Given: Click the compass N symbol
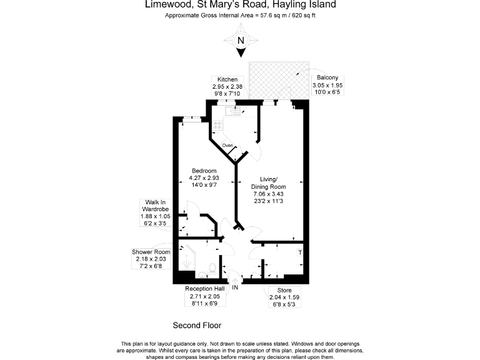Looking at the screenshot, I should (x=240, y=41).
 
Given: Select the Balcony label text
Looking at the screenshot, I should (x=327, y=77).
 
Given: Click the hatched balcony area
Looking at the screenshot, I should (x=279, y=80).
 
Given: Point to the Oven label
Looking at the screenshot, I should (x=227, y=146).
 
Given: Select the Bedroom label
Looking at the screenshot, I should (x=204, y=171).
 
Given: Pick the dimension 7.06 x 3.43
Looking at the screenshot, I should (x=268, y=194).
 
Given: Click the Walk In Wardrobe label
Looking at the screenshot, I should (x=155, y=205).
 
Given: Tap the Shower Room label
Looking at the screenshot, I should (x=151, y=252).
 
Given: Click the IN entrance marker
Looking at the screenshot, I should (x=236, y=288).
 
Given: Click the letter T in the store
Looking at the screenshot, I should (x=299, y=252).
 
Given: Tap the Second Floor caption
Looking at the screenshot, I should (x=197, y=325).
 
